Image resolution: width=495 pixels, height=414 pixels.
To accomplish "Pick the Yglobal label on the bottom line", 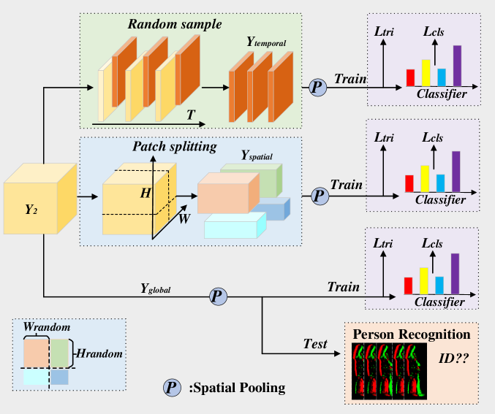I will coord(155,288).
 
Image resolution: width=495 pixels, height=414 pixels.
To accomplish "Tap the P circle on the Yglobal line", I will coord(218,296).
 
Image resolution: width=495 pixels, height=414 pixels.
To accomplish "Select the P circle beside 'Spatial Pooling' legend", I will coord(173,387).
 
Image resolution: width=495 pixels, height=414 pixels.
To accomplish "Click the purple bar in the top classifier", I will coord(458,66).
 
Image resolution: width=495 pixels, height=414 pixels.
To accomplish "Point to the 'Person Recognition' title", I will coord(411,334).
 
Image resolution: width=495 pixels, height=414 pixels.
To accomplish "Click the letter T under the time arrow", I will coord(191,115).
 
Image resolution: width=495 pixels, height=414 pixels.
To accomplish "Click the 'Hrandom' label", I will coord(99,353).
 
